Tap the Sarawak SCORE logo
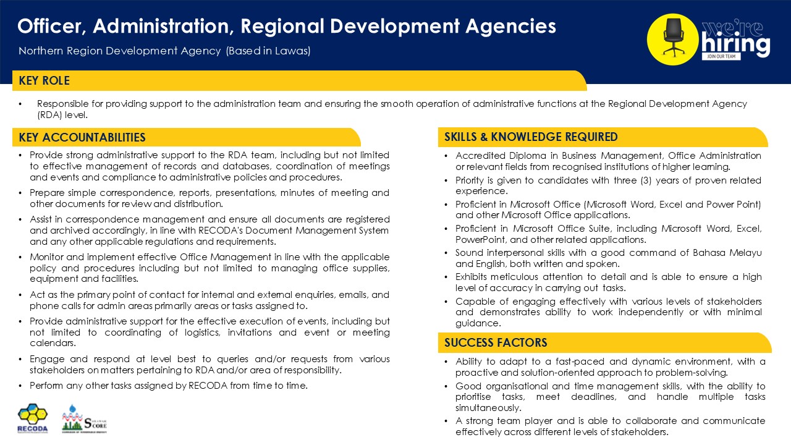84,419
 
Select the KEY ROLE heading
44,81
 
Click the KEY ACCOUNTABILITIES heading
82,137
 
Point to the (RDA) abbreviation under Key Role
51,115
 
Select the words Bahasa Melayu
729,252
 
